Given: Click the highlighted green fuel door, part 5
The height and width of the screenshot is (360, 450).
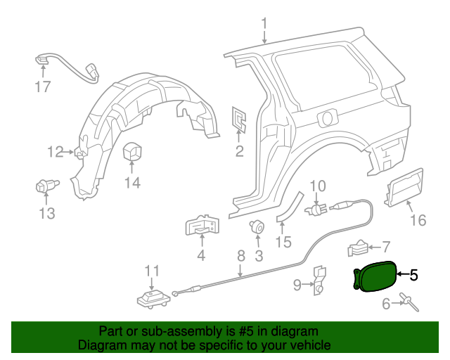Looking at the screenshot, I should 373,275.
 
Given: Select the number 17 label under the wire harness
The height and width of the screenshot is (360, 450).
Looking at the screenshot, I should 43,87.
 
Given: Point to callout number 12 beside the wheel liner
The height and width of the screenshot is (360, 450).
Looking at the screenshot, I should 55,151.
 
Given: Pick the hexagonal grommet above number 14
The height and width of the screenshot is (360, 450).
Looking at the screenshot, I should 132,153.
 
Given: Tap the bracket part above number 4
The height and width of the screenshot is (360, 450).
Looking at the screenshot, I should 202,226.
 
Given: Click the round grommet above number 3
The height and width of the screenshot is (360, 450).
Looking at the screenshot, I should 257,226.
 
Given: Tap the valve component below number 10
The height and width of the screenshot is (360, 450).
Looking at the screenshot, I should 317,209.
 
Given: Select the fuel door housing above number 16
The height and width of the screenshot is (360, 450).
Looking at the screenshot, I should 404,188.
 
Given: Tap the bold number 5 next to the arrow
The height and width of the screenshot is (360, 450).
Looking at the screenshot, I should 413,276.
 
